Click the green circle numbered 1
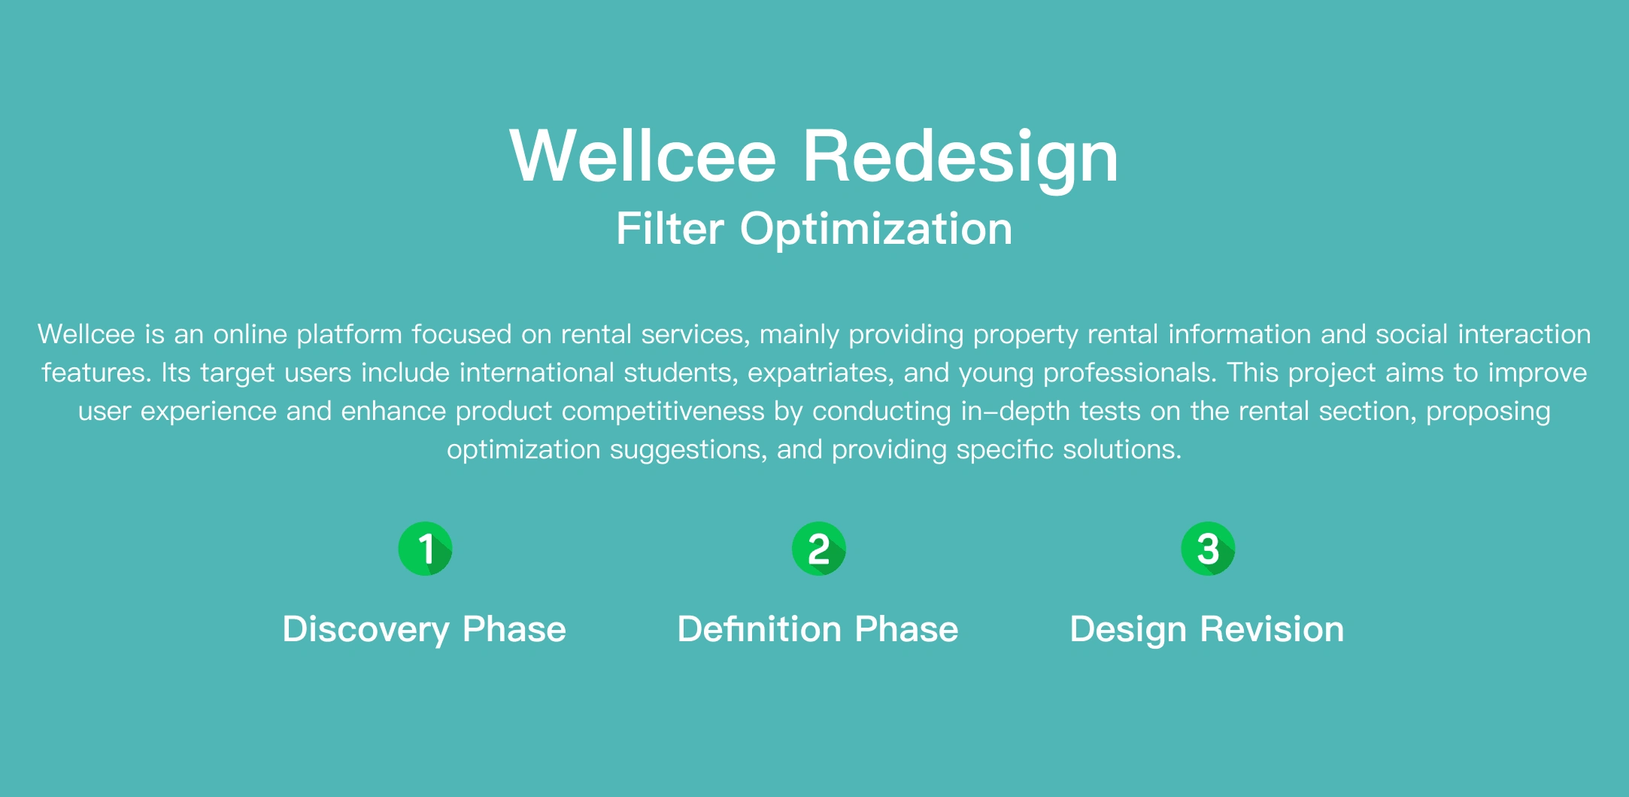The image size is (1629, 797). click(x=425, y=549)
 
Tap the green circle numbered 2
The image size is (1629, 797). click(x=819, y=549)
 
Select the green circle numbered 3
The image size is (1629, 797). click(x=1208, y=549)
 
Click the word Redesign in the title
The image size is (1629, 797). click(x=961, y=158)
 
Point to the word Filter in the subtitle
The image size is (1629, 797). click(x=670, y=228)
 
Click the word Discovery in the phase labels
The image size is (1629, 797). click(x=366, y=630)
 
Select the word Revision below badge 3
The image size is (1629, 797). click(x=1272, y=628)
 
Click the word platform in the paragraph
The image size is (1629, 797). click(x=350, y=335)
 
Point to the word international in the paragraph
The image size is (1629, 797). click(x=537, y=373)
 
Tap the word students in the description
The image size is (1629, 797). click(x=681, y=373)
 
